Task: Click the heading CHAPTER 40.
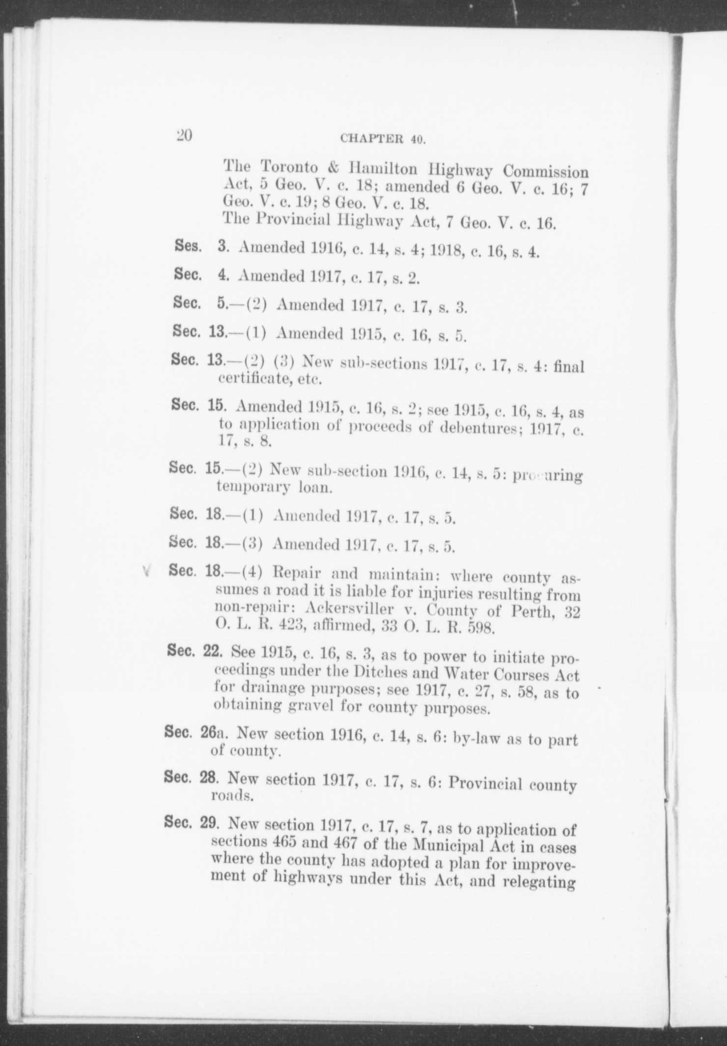(382, 139)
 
